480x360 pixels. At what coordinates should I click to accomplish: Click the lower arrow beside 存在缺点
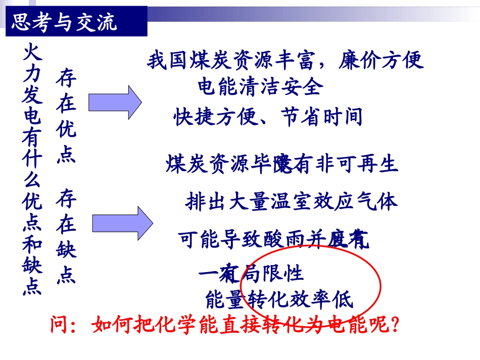pyautogui.click(x=122, y=221)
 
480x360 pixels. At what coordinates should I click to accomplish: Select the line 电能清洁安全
pyautogui.click(x=260, y=87)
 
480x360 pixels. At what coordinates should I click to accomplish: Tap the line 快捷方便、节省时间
pyautogui.click(x=268, y=117)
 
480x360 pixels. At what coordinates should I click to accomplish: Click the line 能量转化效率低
pyautogui.click(x=279, y=300)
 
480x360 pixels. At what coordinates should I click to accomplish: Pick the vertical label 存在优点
pyautogui.click(x=66, y=117)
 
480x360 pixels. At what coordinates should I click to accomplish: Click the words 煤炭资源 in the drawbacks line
pyautogui.click(x=209, y=164)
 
